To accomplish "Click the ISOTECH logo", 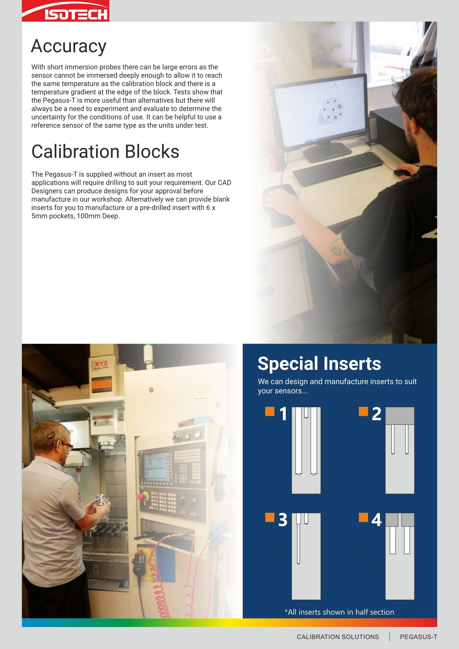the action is (x=66, y=11).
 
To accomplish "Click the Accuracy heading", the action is (x=69, y=46).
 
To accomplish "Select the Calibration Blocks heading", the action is (x=105, y=152).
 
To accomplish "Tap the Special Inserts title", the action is (x=319, y=364).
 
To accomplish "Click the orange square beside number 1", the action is (x=270, y=412).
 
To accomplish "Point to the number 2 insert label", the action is (x=377, y=414).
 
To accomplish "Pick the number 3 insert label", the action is (x=283, y=520).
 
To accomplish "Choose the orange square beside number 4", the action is (x=363, y=517).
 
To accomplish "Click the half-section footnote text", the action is (x=339, y=612).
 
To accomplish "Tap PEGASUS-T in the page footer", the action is (x=419, y=637).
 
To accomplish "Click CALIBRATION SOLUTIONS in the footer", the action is (x=338, y=637).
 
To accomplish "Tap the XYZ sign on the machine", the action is (x=101, y=365).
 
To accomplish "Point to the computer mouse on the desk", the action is (x=402, y=172).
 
